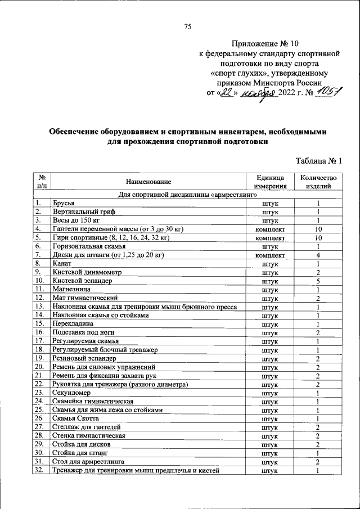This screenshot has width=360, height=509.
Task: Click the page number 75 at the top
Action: click(x=188, y=26)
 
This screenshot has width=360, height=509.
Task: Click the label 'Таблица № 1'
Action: click(x=319, y=162)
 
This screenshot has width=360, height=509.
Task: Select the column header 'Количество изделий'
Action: click(x=318, y=181)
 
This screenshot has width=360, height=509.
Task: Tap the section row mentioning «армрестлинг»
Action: click(x=187, y=195)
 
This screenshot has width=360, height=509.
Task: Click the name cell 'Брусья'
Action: click(x=63, y=204)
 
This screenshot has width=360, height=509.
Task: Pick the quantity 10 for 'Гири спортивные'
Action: click(x=318, y=238)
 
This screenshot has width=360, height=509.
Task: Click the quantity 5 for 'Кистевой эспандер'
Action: click(x=318, y=281)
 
